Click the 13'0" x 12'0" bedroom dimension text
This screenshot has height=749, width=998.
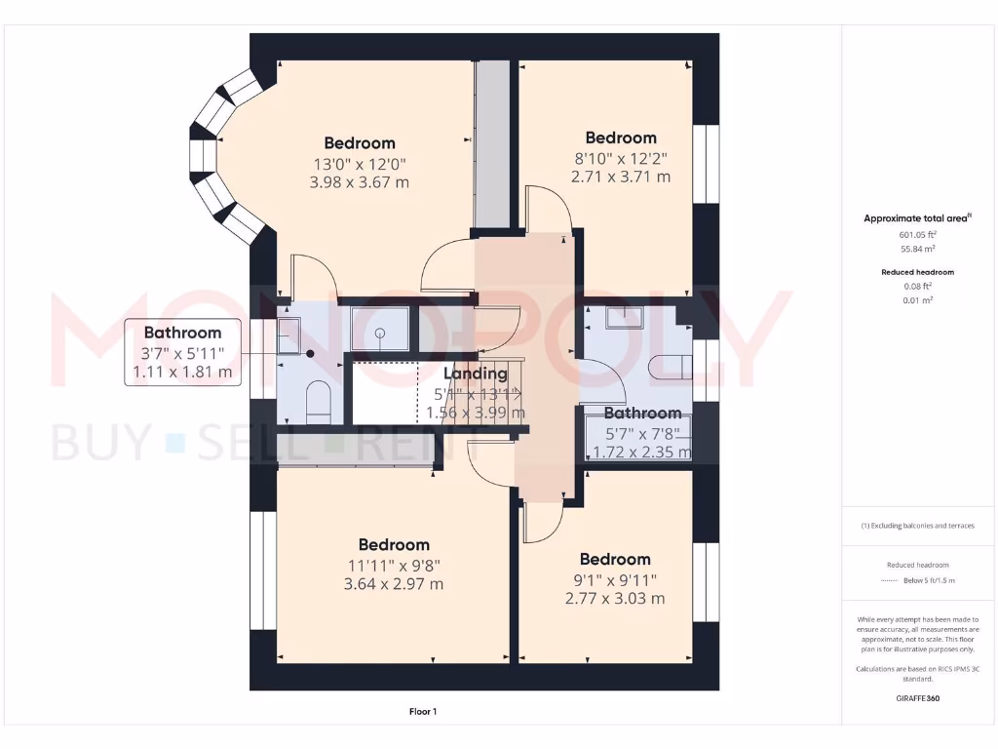(x=360, y=164)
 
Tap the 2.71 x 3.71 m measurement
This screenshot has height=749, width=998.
(x=621, y=177)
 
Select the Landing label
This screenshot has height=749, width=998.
(x=476, y=374)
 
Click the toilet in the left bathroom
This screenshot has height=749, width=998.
(x=319, y=403)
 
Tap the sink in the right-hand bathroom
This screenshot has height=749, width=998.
(x=621, y=316)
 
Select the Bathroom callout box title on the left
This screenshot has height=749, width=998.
(x=182, y=334)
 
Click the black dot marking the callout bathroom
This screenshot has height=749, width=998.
(x=310, y=355)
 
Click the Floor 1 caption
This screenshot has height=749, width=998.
(x=423, y=712)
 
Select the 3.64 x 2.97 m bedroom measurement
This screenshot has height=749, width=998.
(x=394, y=584)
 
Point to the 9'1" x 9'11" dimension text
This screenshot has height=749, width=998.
(x=615, y=579)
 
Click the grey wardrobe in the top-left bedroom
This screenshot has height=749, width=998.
(x=492, y=143)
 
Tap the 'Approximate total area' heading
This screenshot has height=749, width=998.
(x=901, y=218)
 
